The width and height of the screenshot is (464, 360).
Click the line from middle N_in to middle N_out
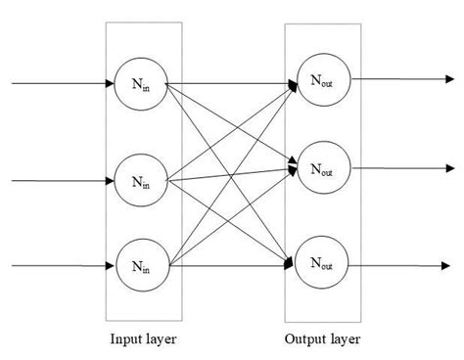tap(235, 173)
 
